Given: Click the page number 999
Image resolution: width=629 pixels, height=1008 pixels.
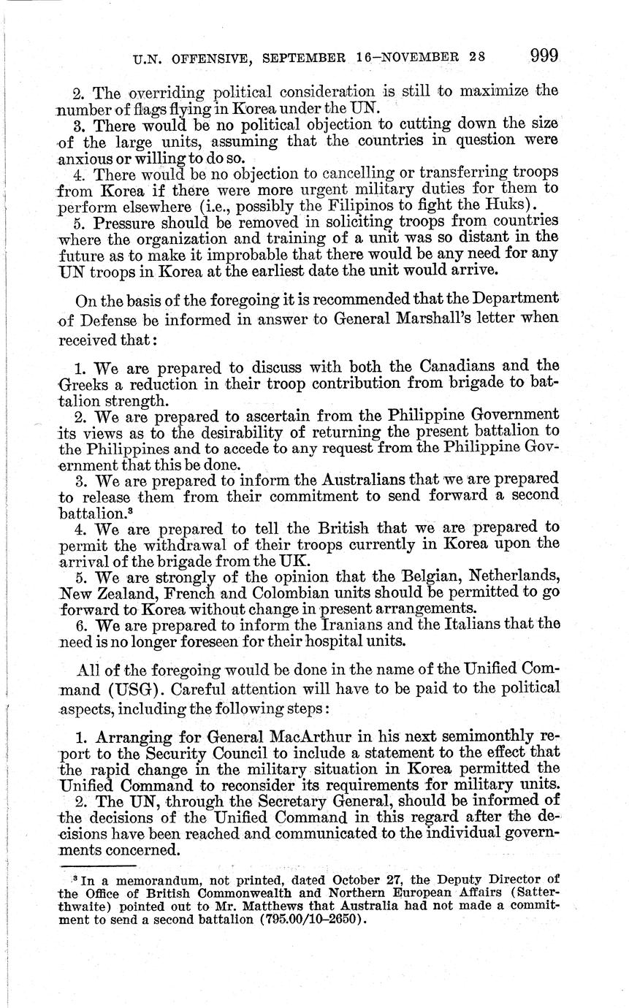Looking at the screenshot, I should click(x=544, y=56).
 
